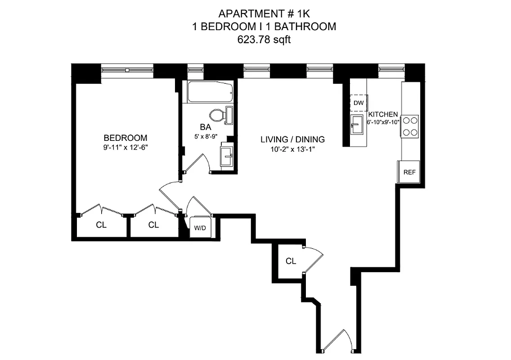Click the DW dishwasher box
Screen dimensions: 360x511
point(359,103)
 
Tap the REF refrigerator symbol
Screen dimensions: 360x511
point(408,172)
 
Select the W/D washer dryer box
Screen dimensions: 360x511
point(200,228)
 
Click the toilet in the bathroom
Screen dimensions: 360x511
point(218,115)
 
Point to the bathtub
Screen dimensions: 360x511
point(210,92)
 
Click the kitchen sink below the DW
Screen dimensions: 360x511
point(358,124)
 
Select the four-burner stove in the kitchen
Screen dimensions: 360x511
point(410,126)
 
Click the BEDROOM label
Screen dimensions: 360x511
point(126,138)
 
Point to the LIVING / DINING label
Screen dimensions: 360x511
point(292,139)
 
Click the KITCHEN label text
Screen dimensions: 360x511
point(383,114)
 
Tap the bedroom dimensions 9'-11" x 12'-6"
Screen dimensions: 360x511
point(126,147)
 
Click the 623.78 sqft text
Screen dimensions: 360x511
point(264,40)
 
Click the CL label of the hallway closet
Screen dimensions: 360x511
point(291,261)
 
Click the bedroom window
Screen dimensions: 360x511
point(127,70)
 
